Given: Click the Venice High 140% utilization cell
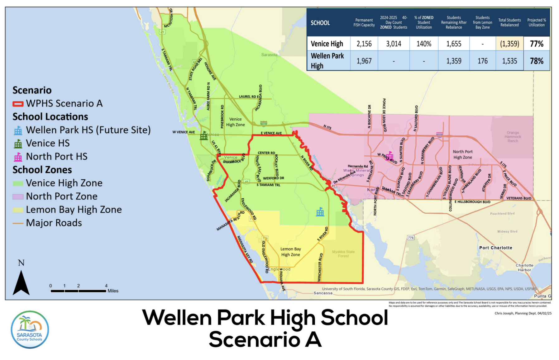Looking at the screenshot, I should click(x=424, y=44).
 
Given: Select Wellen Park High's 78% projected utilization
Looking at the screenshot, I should click(x=537, y=61).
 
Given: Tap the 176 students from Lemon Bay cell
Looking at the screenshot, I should click(x=482, y=61).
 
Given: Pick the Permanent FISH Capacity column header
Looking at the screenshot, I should click(x=364, y=23).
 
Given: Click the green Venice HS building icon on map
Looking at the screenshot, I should click(x=204, y=135).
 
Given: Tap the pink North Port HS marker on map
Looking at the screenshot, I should click(x=389, y=155).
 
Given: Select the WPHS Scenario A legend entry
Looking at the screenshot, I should click(x=58, y=103).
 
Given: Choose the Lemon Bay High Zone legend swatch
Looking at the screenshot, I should click(x=18, y=210).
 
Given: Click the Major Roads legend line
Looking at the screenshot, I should click(x=18, y=223).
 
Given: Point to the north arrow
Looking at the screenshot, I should click(x=21, y=282).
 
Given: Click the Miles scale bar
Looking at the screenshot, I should click(x=78, y=291).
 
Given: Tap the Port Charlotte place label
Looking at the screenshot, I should click(x=495, y=248).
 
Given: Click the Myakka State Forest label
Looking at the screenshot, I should click(x=343, y=254).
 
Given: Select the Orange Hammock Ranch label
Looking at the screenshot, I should click(x=513, y=137).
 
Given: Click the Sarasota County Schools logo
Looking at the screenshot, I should click(x=30, y=329).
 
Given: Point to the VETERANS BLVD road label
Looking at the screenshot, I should click(x=518, y=198).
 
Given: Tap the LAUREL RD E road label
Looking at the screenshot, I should click(x=249, y=97).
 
